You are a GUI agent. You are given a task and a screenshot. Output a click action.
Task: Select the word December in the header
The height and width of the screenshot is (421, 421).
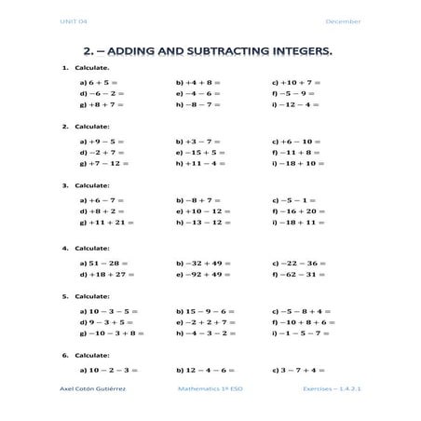tap(343, 21)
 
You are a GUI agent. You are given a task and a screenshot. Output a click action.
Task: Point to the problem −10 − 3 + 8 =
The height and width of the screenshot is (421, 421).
tap(115, 333)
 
